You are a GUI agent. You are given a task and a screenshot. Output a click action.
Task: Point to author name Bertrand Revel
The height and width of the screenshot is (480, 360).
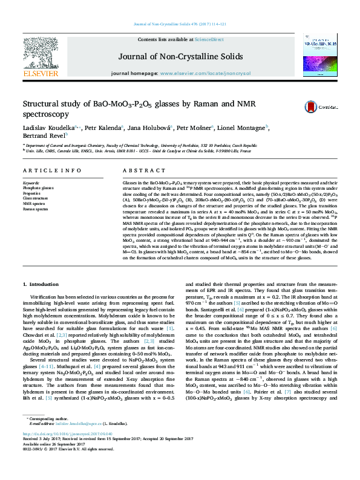click(44, 137)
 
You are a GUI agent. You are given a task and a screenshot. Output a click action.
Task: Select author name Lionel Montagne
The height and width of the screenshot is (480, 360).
click(241, 128)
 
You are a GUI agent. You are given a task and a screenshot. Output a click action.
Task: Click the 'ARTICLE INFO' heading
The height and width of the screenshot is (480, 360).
click(52, 171)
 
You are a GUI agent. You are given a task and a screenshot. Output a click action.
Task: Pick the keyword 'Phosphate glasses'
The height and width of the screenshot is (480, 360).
click(38, 187)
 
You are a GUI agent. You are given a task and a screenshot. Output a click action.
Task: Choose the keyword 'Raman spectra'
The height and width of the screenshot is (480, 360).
click(35, 209)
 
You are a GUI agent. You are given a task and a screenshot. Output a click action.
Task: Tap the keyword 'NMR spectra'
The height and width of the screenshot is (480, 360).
click(34, 204)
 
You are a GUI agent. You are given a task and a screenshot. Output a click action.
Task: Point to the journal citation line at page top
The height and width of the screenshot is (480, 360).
click(180, 24)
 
